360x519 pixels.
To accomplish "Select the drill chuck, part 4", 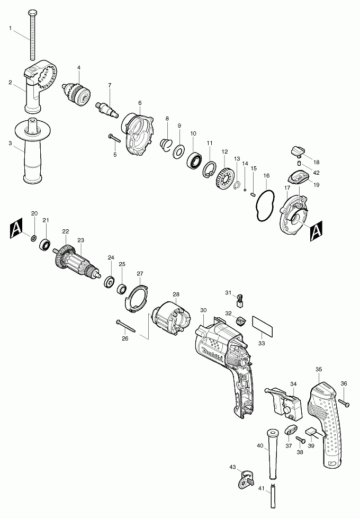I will pyautogui.click(x=78, y=93).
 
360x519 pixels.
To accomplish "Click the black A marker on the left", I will pyautogui.click(x=16, y=229).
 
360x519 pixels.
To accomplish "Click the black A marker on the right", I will pyautogui.click(x=317, y=230).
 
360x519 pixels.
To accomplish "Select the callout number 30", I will pyautogui.click(x=203, y=310).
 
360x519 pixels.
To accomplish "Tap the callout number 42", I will pyautogui.click(x=317, y=173).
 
